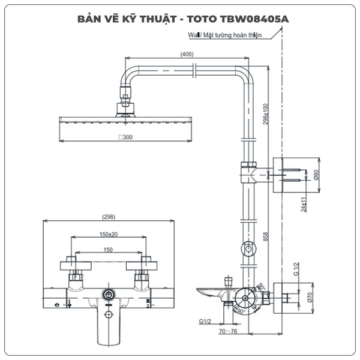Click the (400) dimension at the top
(x=187, y=55)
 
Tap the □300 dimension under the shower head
(x=126, y=137)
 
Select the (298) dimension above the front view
(x=109, y=217)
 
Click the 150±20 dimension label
(x=109, y=234)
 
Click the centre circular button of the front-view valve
(x=109, y=294)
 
